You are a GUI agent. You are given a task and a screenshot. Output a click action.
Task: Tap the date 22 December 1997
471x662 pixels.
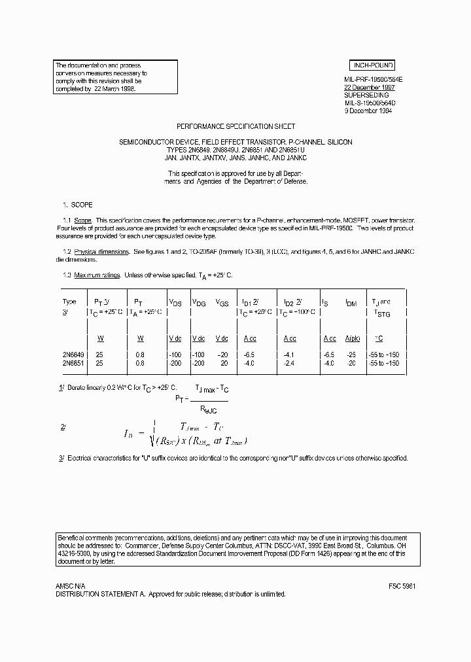point(369,87)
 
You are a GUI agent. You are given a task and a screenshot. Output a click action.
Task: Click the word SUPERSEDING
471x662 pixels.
point(366,95)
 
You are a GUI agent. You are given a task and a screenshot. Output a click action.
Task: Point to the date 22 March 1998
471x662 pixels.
point(114,88)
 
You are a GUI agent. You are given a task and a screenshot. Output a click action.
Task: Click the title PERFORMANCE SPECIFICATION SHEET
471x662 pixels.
point(236,126)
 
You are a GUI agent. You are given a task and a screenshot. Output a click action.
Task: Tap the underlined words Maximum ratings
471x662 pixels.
point(97,275)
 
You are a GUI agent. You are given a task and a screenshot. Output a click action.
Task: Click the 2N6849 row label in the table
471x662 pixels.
point(73,355)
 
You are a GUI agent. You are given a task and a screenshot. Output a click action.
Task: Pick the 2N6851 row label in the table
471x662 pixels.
point(73,362)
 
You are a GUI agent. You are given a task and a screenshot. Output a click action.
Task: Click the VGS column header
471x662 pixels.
point(223,302)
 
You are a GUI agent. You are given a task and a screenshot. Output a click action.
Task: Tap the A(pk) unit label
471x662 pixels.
point(353,338)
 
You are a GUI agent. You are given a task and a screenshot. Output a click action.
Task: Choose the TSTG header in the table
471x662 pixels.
point(381,313)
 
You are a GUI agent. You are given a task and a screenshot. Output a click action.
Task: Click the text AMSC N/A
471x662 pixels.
point(70,586)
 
